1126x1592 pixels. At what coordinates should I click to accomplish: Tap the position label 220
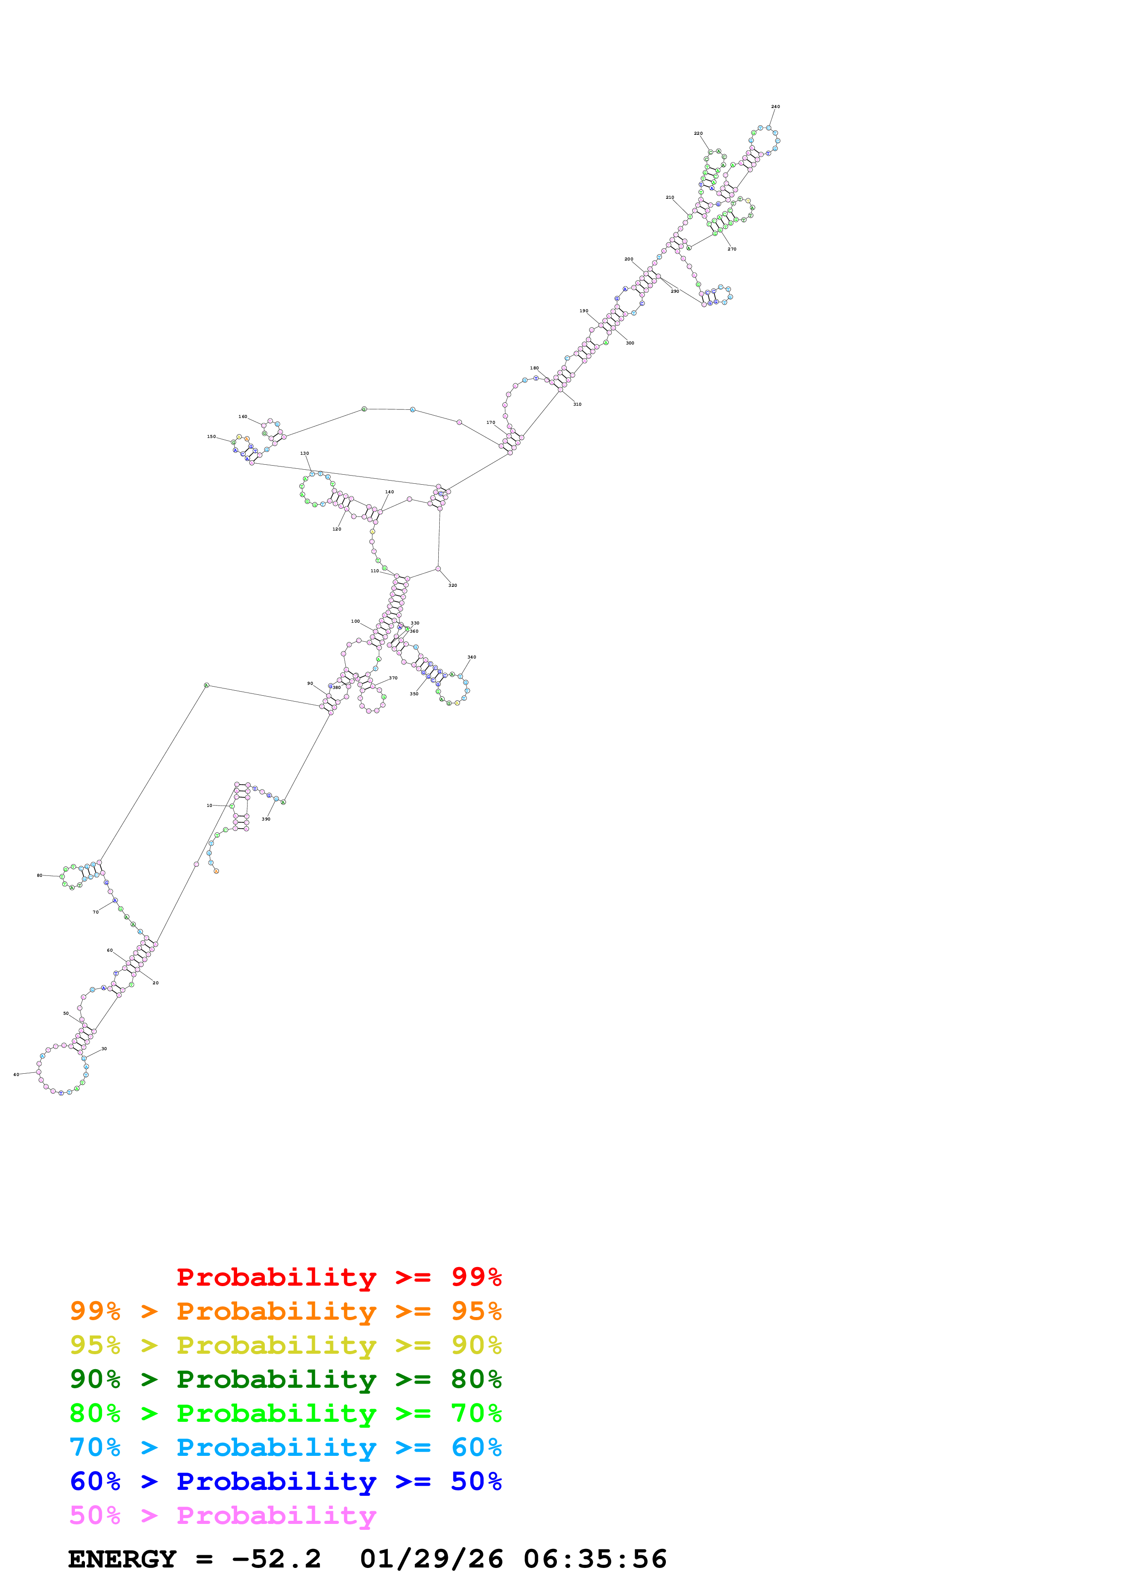[698, 133]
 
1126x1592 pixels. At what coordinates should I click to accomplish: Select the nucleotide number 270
[732, 249]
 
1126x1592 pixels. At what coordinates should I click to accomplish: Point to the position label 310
[577, 404]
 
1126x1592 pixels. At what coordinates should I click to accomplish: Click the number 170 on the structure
[491, 422]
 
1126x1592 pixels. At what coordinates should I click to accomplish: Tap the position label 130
[305, 453]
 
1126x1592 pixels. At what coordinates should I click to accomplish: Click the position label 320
[452, 585]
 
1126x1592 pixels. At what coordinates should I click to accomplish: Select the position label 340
[472, 657]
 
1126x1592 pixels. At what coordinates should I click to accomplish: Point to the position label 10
[209, 806]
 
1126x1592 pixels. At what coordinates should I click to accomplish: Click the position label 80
[40, 876]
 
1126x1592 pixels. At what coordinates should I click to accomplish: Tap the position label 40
[16, 1075]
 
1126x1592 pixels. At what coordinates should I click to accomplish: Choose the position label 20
[155, 983]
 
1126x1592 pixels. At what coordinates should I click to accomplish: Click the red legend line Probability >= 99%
[338, 1277]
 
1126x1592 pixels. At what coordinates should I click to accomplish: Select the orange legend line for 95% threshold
[285, 1311]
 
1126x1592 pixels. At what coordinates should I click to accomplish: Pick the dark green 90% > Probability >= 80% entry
[285, 1379]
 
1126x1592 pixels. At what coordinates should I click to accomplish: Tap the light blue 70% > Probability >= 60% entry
[285, 1447]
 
